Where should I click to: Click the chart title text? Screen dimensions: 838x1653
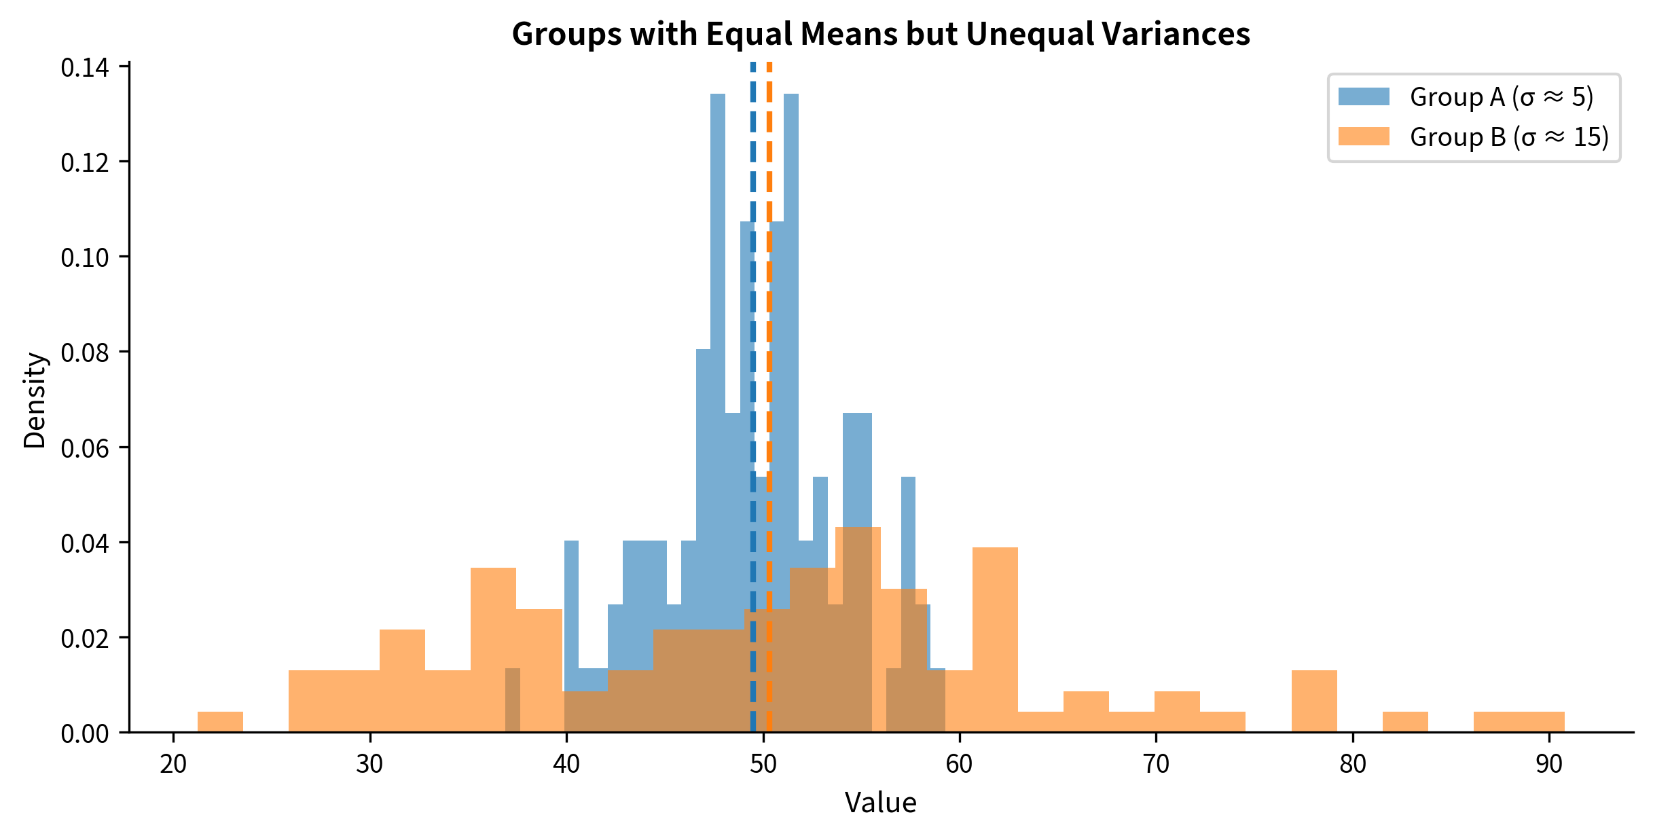pos(880,34)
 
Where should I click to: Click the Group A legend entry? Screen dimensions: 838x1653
pos(1501,97)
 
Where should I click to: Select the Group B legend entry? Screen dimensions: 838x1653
pos(1509,137)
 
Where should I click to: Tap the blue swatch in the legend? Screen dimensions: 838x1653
pos(1364,96)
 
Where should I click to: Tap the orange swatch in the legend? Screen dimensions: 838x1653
pos(1364,136)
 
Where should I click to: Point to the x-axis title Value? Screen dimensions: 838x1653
pos(880,803)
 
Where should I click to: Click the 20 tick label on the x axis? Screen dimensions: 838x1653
pos(173,765)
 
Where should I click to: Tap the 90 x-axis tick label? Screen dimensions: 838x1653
pos(1549,765)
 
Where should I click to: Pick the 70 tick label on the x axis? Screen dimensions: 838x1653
pos(1156,765)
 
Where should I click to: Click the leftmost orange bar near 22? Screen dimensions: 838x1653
pos(220,721)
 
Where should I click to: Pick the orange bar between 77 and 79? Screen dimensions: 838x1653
pos(1314,702)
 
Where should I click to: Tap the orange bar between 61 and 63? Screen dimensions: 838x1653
pos(995,638)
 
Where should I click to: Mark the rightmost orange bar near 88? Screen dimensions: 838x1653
pos(1519,721)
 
